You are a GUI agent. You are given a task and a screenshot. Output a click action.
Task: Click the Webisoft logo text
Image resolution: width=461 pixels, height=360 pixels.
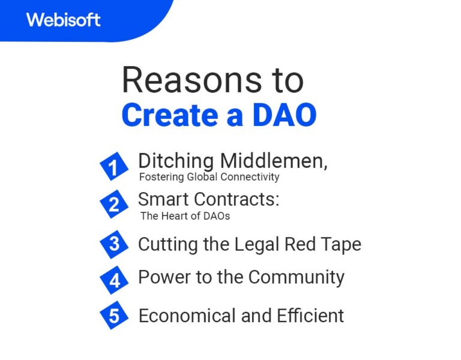click(63, 19)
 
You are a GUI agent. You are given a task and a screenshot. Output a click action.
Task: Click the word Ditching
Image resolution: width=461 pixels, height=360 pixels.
click(176, 161)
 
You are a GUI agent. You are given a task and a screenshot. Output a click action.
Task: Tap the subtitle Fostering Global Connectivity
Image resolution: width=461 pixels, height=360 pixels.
click(209, 177)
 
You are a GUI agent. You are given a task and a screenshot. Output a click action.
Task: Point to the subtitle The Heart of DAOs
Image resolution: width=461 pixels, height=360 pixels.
click(185, 215)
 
